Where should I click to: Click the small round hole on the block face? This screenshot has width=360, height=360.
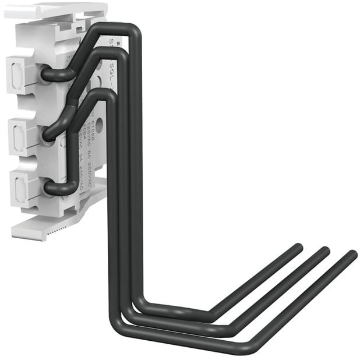[x=98, y=124]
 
